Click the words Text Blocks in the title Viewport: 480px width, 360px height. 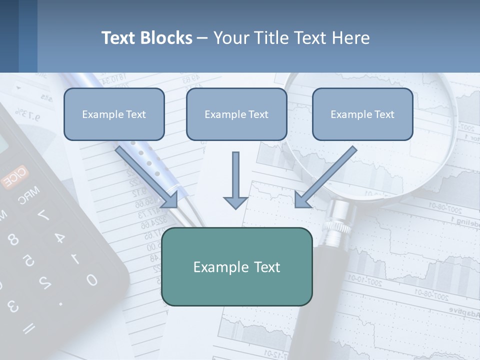[146, 38]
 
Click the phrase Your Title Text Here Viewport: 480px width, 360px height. [291, 38]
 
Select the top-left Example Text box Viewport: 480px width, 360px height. [114, 114]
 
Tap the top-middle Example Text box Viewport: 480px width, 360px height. [236, 114]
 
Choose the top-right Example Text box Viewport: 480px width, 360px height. [362, 114]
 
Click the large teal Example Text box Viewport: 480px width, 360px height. [236, 266]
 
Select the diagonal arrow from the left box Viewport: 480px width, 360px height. [148, 177]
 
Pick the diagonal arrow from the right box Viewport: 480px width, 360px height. [325, 177]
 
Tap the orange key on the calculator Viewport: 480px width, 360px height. [14, 178]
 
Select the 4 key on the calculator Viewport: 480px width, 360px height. [59, 237]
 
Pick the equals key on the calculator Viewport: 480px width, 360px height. [29, 328]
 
